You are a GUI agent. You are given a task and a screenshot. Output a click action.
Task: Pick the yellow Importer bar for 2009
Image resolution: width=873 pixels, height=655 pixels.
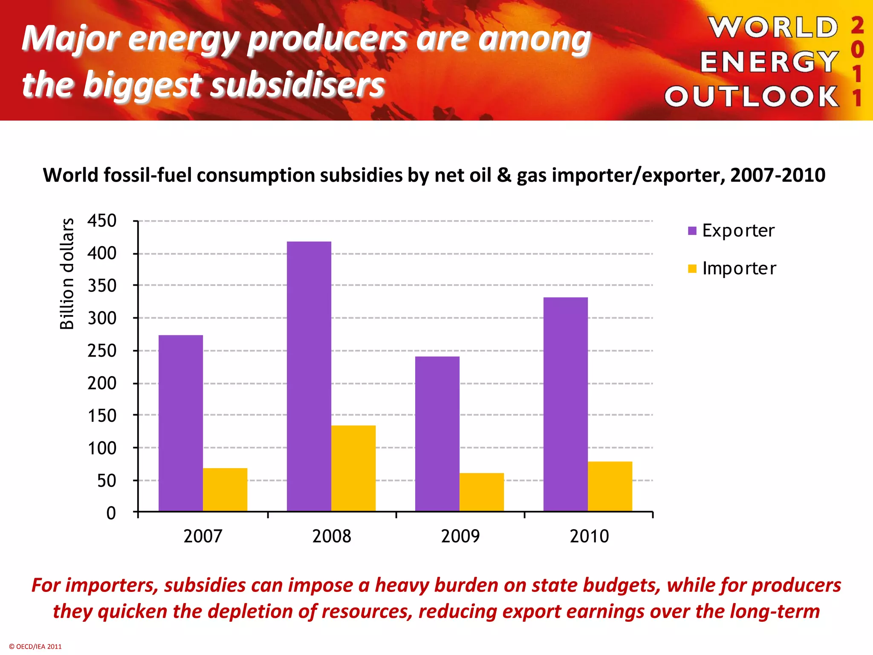click(x=482, y=492)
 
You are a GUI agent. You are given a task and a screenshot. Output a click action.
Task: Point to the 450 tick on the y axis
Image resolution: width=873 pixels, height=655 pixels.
click(x=102, y=221)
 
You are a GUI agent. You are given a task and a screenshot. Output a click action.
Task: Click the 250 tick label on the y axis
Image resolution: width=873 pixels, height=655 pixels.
click(x=102, y=351)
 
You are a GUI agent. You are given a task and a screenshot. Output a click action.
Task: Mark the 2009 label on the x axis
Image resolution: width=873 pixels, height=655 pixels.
click(x=460, y=536)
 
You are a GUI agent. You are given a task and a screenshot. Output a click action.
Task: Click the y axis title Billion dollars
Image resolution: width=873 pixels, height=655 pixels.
click(x=67, y=274)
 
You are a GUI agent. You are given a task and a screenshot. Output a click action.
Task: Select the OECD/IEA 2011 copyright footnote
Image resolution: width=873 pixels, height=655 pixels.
click(x=35, y=646)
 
